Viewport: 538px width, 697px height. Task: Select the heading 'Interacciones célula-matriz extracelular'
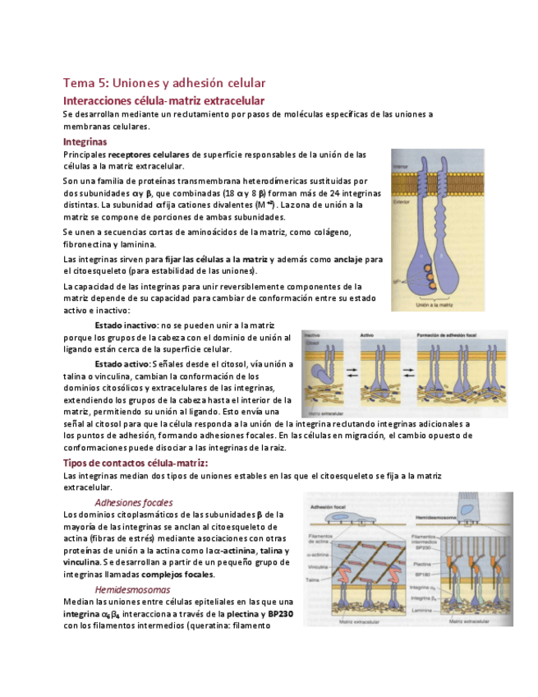click(163, 100)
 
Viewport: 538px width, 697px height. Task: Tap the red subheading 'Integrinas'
click(85, 141)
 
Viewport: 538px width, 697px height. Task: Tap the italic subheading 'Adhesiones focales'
click(133, 501)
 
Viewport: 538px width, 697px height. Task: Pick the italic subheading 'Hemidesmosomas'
click(132, 589)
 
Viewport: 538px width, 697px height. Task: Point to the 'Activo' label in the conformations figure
click(368, 335)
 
